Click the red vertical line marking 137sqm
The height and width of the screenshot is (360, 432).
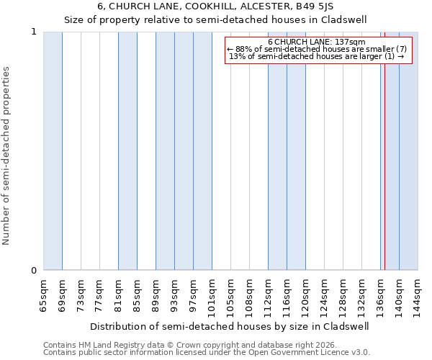384,151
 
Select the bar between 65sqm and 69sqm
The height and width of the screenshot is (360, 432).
53,151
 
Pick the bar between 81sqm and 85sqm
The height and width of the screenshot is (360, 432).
127,151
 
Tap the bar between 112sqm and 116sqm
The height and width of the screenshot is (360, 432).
277,151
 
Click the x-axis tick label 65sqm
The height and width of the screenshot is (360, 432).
43,295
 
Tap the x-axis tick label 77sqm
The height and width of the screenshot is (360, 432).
99,295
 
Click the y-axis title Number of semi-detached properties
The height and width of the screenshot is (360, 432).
7,156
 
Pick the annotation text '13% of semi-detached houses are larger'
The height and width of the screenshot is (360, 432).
314,56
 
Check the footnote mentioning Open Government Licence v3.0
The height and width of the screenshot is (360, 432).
207,353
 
